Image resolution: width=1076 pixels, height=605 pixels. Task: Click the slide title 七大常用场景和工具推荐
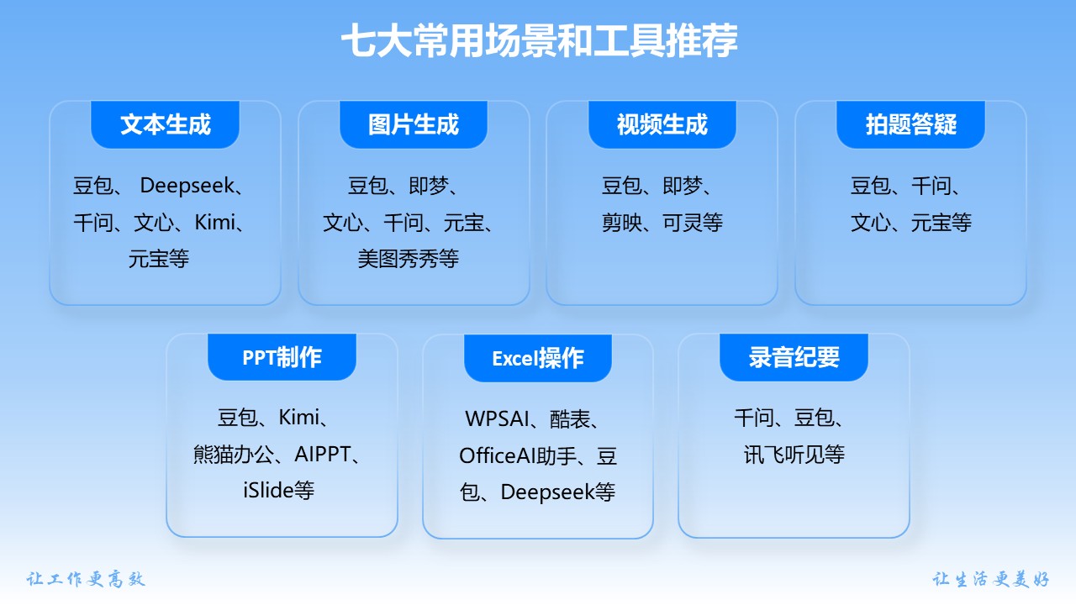click(x=539, y=41)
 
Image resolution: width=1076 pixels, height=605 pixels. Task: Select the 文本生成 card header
click(x=166, y=124)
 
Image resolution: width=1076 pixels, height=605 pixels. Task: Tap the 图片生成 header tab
click(x=414, y=124)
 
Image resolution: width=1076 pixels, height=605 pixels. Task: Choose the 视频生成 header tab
click(x=662, y=124)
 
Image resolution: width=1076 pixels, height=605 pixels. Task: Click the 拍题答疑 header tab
click(x=910, y=124)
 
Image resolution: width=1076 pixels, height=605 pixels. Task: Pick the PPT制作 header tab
click(x=282, y=357)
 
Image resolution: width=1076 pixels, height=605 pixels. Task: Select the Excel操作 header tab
click(x=538, y=358)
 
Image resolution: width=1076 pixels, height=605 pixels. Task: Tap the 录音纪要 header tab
click(x=794, y=358)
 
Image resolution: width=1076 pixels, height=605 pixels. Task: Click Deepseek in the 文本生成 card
click(x=187, y=186)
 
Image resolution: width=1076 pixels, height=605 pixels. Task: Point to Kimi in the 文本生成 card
click(x=215, y=223)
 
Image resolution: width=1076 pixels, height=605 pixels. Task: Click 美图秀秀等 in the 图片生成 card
click(x=409, y=260)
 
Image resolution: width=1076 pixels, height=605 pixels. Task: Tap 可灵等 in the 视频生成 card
click(x=693, y=223)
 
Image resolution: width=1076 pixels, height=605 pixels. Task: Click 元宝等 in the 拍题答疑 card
click(x=941, y=223)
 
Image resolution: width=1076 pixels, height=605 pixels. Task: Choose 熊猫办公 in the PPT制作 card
click(x=234, y=455)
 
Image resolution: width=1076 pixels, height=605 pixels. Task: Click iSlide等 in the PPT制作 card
click(x=278, y=490)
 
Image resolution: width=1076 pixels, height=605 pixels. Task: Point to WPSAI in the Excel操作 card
click(x=497, y=418)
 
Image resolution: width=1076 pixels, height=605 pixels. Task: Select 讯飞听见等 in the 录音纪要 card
click(x=794, y=455)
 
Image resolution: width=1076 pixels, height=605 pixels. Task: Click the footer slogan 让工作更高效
click(x=86, y=579)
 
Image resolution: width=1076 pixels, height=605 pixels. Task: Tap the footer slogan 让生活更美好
click(x=990, y=579)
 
